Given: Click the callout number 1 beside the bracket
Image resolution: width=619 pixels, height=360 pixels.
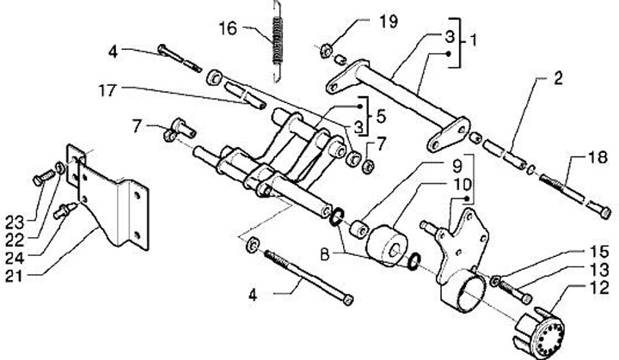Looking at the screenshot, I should click(x=472, y=40).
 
